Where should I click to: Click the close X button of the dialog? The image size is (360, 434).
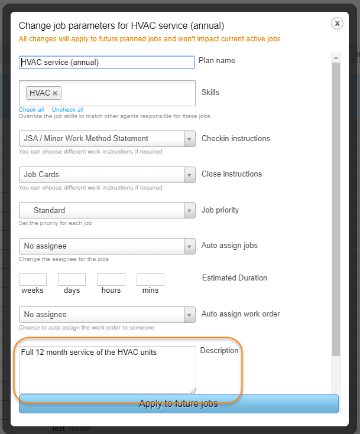tap(337, 23)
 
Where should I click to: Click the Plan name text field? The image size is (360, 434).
tap(107, 62)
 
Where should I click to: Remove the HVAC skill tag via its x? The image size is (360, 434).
tap(55, 93)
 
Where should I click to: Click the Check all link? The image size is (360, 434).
tap(31, 110)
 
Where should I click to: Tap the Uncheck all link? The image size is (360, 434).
tap(67, 110)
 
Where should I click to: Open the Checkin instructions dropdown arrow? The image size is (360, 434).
tap(189, 139)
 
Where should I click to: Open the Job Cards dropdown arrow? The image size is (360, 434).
tap(189, 175)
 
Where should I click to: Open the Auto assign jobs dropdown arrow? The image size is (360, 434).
tap(189, 246)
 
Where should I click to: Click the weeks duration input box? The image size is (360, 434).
tap(33, 279)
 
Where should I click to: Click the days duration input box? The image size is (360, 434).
tap(72, 279)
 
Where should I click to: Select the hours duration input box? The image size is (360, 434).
tap(111, 279)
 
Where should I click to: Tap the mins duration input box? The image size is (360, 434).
tap(150, 279)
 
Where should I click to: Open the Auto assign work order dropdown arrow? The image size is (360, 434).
tap(189, 315)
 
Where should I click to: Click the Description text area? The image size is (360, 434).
tap(107, 369)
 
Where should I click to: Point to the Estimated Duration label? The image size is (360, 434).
tap(235, 278)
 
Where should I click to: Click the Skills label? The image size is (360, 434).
tap(210, 93)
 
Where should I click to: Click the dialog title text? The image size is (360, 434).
tap(121, 25)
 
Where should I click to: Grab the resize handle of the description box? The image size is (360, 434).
tap(193, 390)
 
